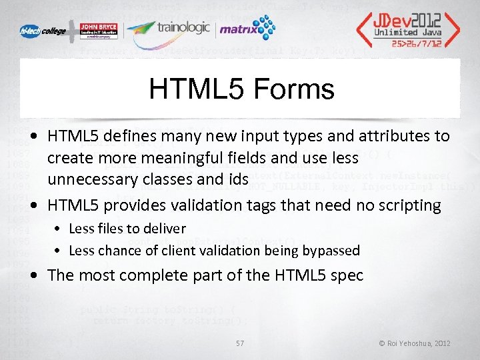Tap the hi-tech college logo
point(45,31)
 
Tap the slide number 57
point(240,343)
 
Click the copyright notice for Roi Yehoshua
point(415,343)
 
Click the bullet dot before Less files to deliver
point(59,229)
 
